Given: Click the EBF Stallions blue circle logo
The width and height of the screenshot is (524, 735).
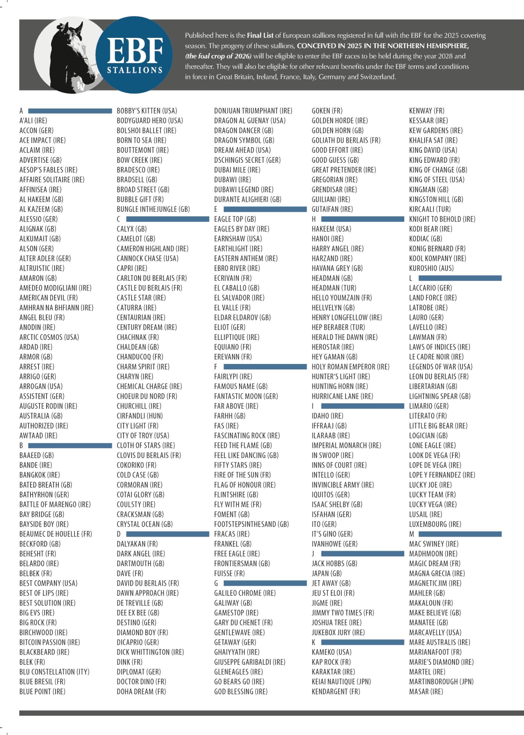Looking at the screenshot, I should click(x=134, y=55).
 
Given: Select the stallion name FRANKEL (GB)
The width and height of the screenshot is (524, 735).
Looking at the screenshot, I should click(x=233, y=544).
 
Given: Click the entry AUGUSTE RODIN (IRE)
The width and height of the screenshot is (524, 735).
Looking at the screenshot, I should click(x=48, y=406).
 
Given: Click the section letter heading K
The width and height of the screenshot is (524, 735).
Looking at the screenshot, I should click(x=313, y=642).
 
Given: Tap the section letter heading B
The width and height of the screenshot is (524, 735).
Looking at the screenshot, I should click(x=21, y=445).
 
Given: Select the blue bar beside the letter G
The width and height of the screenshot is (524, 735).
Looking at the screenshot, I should click(x=265, y=583).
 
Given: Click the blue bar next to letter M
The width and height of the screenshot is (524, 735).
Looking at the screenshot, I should click(x=460, y=534).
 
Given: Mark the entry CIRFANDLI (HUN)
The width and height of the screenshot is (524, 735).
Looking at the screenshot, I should click(x=140, y=416).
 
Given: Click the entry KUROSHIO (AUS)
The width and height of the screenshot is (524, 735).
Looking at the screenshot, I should click(x=431, y=268).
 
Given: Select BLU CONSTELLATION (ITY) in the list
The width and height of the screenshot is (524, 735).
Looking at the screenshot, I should click(x=54, y=672).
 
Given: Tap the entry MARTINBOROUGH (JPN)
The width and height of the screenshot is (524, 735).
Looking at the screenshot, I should click(x=441, y=681).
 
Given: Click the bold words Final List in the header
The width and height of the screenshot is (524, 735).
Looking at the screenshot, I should click(x=260, y=35).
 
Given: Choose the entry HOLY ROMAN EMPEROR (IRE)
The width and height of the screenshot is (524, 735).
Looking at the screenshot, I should click(x=350, y=367).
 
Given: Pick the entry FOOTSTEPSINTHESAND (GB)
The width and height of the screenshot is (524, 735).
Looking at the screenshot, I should click(x=251, y=524).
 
